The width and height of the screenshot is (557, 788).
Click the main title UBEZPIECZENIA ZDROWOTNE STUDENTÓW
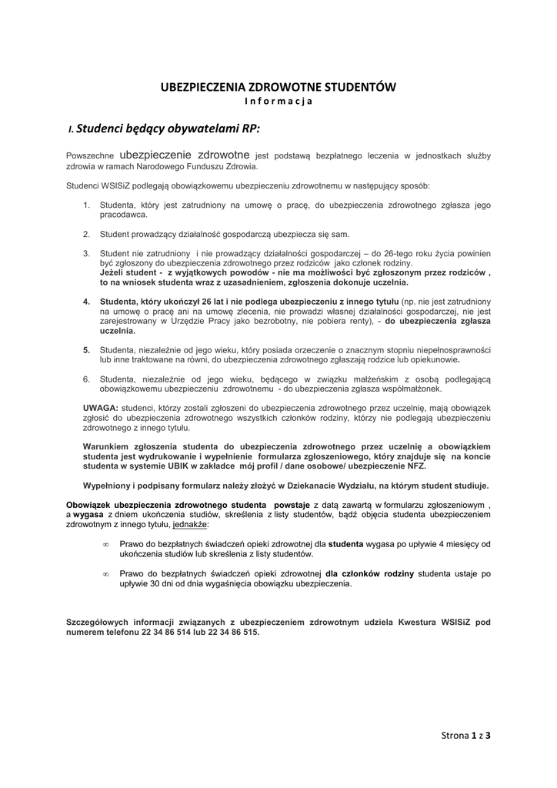tap(278, 88)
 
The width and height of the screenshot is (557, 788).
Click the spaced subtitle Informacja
tap(278, 102)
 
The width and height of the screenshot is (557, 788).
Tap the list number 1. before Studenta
tap(87, 206)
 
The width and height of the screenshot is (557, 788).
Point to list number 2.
tap(87, 234)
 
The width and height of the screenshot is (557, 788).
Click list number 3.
tap(87, 253)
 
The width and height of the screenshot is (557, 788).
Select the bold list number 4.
tap(87, 302)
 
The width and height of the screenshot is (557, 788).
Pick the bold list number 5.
tap(87, 349)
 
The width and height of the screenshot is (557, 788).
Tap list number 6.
tap(87, 379)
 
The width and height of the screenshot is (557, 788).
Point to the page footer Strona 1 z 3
tap(466, 735)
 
